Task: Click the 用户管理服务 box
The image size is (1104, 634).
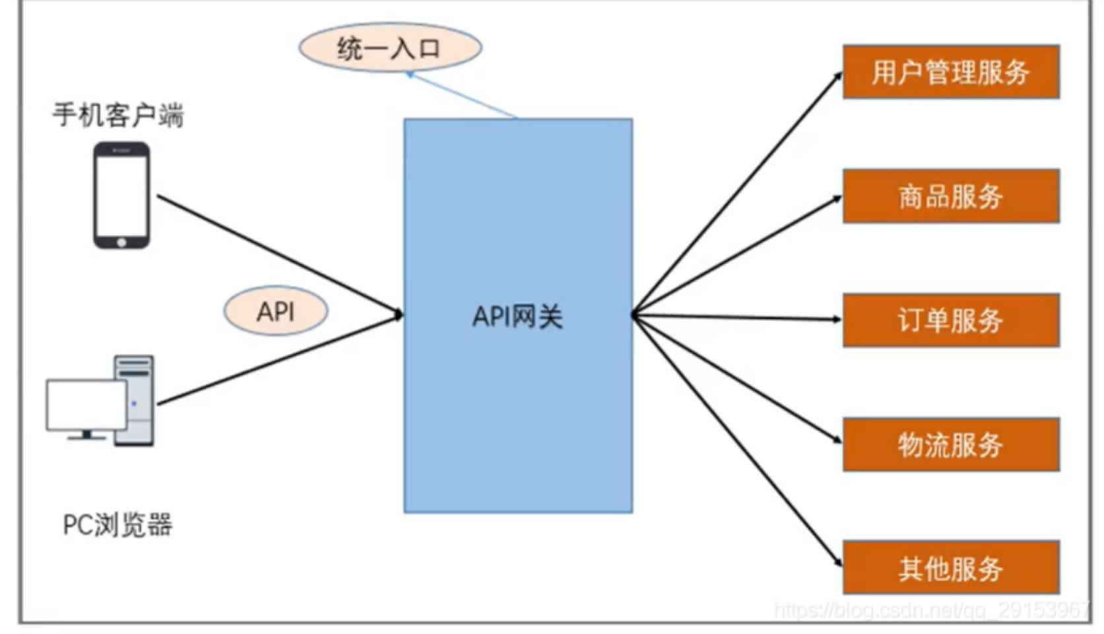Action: click(x=950, y=72)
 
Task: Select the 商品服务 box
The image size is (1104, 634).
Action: click(x=950, y=196)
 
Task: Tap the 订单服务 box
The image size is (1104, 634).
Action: click(x=950, y=320)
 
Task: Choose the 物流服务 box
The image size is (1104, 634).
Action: click(x=950, y=444)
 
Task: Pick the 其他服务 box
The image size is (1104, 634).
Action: click(x=950, y=568)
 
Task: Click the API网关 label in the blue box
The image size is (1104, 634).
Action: click(x=517, y=317)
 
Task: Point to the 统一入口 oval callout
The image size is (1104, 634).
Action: click(x=389, y=48)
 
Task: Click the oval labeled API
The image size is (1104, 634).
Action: click(x=276, y=312)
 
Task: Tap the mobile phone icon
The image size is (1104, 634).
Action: click(x=121, y=195)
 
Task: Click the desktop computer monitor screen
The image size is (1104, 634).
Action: click(x=86, y=404)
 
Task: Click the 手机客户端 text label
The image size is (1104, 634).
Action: click(x=118, y=115)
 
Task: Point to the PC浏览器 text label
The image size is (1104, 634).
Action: click(x=117, y=525)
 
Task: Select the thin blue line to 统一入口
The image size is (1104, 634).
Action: click(x=462, y=96)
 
